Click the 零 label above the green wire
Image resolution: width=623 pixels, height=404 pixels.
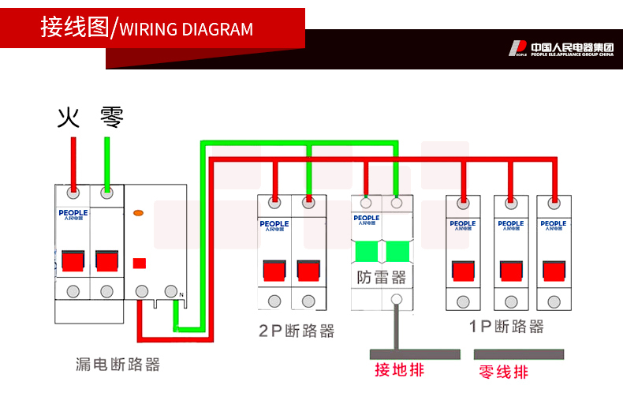pos(111,118)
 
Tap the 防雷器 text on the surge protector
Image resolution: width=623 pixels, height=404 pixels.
pos(382,278)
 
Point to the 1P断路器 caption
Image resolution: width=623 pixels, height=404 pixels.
pos(506,327)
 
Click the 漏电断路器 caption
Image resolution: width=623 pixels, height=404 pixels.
pos(118,365)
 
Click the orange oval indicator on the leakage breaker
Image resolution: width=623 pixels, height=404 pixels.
pos(139,213)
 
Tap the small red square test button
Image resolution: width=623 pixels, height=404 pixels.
pos(140,264)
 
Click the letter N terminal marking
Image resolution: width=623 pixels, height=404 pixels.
pos(182,296)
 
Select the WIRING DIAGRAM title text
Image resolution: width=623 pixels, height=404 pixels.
pos(186,30)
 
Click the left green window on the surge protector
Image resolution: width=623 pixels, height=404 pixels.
pos(367,252)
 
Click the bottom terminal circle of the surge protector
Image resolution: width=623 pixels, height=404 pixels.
pos(397,300)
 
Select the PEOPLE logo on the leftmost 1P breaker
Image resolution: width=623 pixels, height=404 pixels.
pos(463,225)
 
